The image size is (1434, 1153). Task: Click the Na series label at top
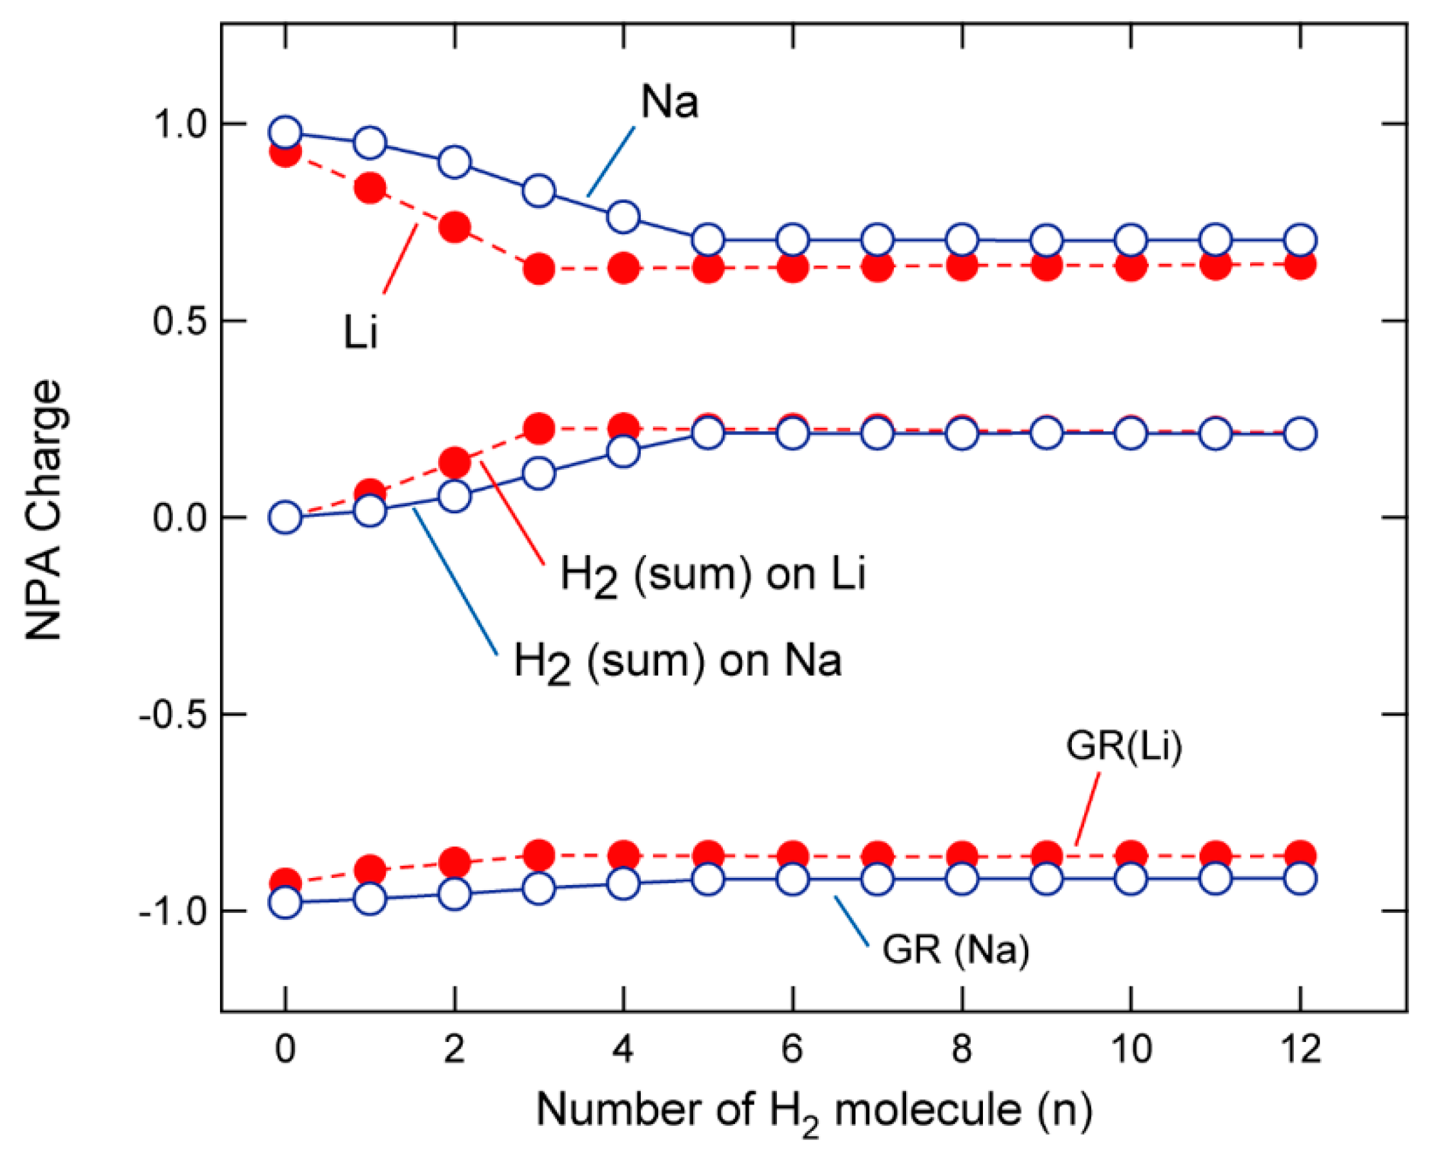[669, 103]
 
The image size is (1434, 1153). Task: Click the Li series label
[361, 332]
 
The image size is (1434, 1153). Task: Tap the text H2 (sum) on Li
[712, 573]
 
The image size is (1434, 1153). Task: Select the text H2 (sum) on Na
[677, 660]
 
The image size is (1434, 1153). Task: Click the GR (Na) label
[955, 949]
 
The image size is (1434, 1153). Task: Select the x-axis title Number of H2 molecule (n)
[814, 1110]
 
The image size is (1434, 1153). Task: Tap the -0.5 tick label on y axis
[174, 715]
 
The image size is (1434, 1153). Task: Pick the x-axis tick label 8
[962, 1048]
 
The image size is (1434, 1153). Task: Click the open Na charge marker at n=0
[285, 132]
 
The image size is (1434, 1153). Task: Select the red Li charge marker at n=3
[539, 269]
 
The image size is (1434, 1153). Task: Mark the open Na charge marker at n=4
[623, 217]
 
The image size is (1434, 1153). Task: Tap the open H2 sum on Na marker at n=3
[539, 474]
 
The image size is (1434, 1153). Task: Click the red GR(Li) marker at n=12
[1300, 855]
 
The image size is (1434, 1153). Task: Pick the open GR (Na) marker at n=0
[285, 904]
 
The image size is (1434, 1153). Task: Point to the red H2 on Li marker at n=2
[454, 462]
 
